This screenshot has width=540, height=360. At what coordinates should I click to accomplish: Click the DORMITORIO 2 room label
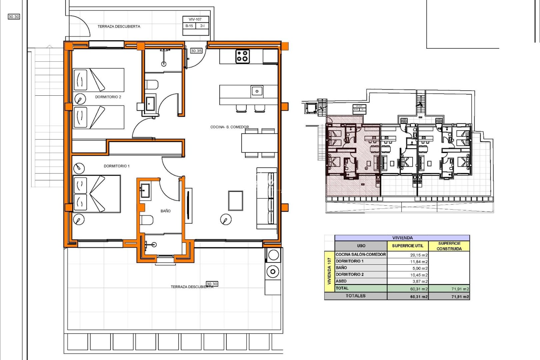tap(108, 97)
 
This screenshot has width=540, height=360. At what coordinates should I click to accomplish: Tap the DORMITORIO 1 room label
tap(116, 166)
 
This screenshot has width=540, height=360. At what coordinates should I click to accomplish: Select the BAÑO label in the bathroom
tap(165, 211)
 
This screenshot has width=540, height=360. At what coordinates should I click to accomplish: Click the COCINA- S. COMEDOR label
tap(229, 127)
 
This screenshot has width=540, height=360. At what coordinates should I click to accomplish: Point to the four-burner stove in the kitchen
tap(242, 56)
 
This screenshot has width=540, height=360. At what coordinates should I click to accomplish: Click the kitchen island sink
tap(257, 91)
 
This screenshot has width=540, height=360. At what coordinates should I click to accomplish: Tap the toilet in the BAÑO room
tap(147, 220)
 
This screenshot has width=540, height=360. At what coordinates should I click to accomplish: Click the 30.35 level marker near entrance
tap(196, 51)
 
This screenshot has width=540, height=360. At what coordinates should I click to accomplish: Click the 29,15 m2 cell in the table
tap(419, 255)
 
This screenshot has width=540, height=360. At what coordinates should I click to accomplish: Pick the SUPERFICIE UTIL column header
tap(407, 246)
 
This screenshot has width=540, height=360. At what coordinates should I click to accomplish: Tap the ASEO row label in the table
tap(341, 281)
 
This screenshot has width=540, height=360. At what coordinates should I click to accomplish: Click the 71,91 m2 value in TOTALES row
tap(460, 297)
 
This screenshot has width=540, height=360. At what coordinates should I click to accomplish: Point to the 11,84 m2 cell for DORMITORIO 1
tap(419, 262)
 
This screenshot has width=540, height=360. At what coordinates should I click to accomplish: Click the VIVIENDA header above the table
tap(402, 238)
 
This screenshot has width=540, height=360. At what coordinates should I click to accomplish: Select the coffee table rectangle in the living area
tap(235, 200)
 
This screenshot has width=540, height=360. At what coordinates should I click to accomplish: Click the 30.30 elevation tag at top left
tap(14, 16)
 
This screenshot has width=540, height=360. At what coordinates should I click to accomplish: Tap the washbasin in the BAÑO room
tap(145, 191)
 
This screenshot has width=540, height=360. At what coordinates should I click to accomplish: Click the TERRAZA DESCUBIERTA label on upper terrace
tap(119, 26)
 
